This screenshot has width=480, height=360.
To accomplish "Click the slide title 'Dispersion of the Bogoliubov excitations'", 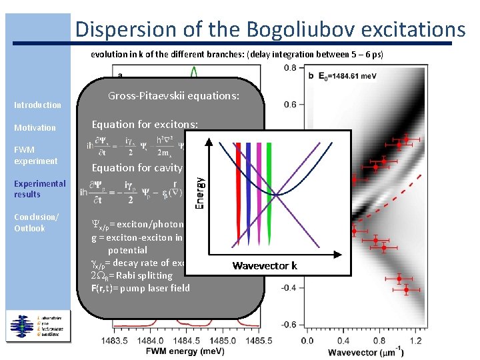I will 270,29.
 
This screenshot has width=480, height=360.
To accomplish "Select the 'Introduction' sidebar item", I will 37,105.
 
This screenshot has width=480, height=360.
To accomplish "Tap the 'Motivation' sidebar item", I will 35,127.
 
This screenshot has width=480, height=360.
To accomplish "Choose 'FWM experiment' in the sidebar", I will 35,155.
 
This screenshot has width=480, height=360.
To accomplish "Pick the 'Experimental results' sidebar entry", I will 40,189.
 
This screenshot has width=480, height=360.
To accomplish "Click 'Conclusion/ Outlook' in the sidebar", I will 36,223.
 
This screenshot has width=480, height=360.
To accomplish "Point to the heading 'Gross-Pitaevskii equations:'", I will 173,96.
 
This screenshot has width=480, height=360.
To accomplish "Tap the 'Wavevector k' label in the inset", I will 265,266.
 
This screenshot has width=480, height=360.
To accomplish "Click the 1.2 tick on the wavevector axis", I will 416,340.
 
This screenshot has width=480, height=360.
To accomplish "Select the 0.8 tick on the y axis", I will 290,68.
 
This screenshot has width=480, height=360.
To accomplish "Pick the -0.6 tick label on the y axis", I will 288,325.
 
